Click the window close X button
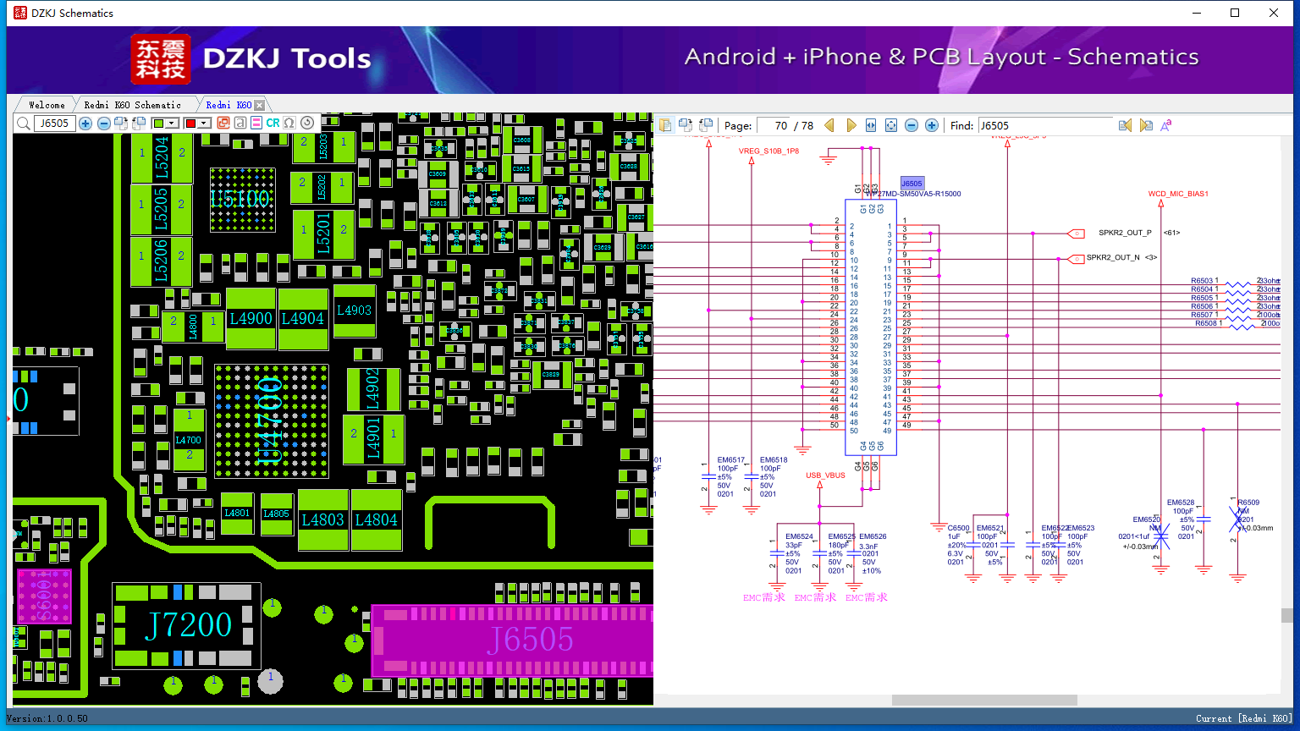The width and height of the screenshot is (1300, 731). (1274, 13)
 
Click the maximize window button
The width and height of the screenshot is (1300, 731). (1235, 13)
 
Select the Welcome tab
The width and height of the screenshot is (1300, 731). (47, 105)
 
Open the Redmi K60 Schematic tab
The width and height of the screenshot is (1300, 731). (132, 105)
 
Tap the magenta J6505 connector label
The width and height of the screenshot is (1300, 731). (531, 640)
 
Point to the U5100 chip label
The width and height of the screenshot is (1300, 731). (240, 200)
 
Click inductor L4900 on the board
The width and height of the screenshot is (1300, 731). (251, 319)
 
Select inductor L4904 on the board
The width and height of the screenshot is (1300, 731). (303, 319)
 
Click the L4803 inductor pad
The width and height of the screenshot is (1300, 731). (323, 520)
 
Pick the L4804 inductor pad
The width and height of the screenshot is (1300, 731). (376, 520)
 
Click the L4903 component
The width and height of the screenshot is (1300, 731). (354, 311)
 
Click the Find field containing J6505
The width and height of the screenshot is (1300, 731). (1045, 126)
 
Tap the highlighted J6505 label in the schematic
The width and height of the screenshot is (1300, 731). (912, 184)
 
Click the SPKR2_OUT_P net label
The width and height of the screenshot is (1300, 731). (1125, 233)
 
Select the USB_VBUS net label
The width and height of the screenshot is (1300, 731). (825, 475)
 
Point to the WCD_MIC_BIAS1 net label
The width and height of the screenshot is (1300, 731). (1178, 194)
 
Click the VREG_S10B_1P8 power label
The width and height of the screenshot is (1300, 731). (768, 151)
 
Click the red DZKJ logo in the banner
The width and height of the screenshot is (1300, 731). (161, 59)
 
